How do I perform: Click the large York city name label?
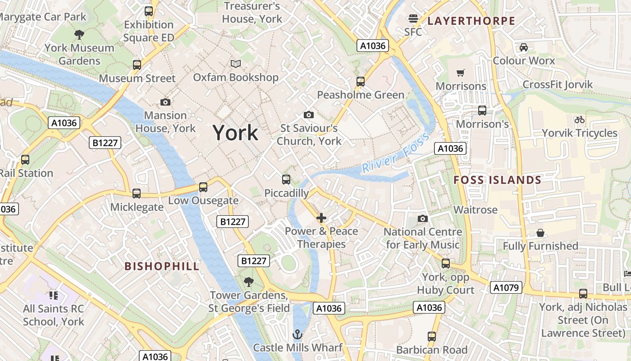(235, 133)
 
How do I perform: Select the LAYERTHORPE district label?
(471, 21)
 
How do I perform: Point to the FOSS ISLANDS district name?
(497, 180)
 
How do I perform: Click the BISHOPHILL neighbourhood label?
(162, 266)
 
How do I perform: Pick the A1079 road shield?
(507, 287)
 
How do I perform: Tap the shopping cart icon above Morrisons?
(461, 73)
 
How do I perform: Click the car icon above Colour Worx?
(523, 47)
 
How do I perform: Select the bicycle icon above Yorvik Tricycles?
(579, 120)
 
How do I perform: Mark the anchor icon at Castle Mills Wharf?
(297, 334)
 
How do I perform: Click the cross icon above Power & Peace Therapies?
(321, 218)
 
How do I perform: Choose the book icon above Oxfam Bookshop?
(236, 64)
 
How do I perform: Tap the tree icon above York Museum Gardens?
(79, 34)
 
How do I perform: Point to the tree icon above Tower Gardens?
(248, 282)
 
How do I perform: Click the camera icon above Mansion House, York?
(165, 102)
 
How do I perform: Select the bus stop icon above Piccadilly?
(286, 180)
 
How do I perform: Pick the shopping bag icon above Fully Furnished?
(540, 233)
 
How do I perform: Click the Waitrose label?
(475, 210)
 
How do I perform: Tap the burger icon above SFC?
(413, 19)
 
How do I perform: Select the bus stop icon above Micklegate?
(137, 194)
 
